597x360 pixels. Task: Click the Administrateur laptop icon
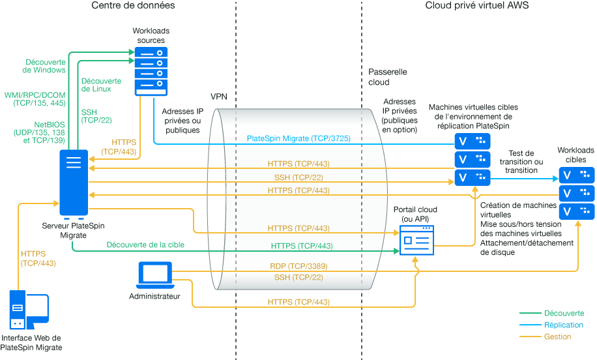point(154,275)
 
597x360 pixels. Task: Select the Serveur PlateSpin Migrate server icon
point(73,183)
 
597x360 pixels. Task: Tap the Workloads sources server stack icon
point(151,71)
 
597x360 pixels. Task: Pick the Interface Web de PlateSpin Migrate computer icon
point(28,310)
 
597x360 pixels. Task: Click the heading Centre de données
point(133,6)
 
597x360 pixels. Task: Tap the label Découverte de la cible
point(146,245)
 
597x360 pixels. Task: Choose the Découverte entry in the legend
point(564,313)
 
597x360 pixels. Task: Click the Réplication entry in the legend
point(563,325)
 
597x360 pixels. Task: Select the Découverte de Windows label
point(44,66)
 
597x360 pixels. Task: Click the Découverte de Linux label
point(96,85)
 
